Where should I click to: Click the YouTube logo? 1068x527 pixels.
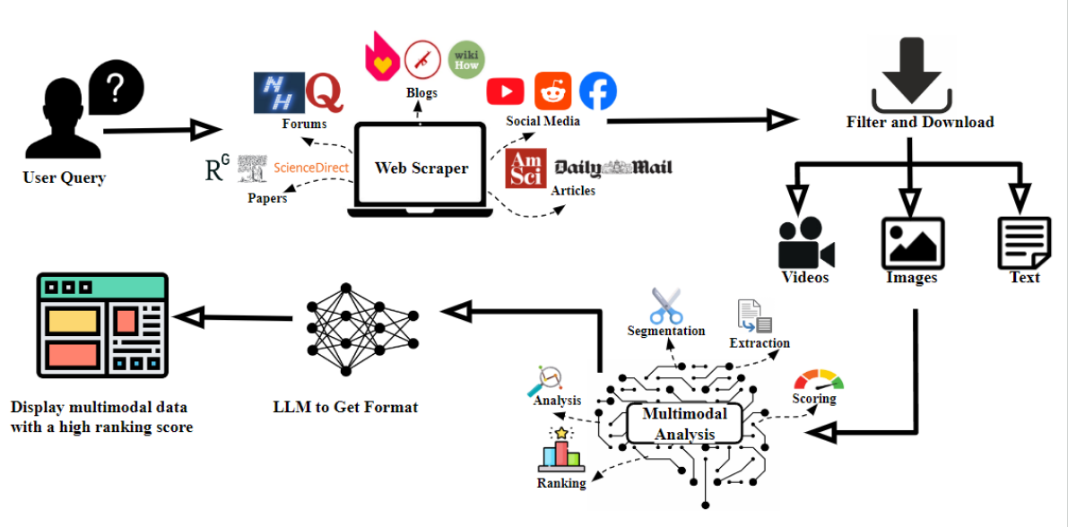506,92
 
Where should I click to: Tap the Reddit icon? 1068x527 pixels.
552,91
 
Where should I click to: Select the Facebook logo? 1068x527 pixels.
598,91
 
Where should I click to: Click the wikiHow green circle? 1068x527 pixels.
466,60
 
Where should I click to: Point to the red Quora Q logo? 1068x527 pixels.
325,93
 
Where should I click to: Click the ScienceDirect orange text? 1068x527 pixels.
311,167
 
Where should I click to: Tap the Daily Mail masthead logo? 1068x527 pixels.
613,168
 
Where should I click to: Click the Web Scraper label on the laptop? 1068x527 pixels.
421,168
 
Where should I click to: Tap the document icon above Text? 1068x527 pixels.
1022,243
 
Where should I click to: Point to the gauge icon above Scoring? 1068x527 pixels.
819,380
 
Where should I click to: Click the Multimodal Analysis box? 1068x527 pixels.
684,424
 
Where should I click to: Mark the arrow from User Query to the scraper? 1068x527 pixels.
163,129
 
